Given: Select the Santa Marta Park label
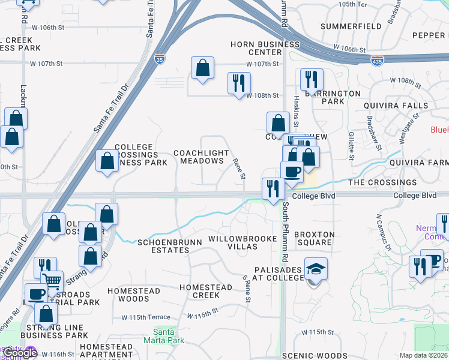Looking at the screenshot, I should point(160,335).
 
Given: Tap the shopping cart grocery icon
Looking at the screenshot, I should point(52,280).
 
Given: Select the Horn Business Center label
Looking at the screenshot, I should point(266,48).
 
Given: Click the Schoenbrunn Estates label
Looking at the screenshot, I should point(164,245).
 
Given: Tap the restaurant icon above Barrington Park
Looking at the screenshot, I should point(312,79).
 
